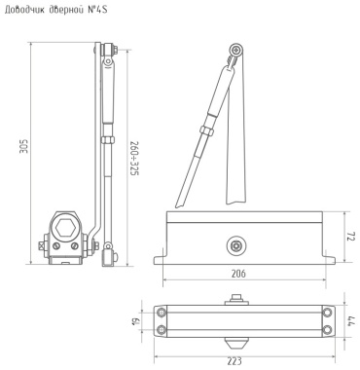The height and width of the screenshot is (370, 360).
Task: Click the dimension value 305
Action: (24, 146)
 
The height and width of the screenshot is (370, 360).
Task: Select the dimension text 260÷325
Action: (134, 159)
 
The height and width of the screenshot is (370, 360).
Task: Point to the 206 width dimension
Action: (238, 274)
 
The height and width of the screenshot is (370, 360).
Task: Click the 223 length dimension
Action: (234, 361)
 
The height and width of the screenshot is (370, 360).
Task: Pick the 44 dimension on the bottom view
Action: (350, 321)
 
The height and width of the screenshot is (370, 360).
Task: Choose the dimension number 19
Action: (136, 321)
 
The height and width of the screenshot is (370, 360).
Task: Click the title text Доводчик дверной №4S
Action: (55, 10)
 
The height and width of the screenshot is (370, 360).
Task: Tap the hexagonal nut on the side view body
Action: (65, 229)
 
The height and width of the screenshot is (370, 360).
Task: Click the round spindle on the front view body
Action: (235, 245)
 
